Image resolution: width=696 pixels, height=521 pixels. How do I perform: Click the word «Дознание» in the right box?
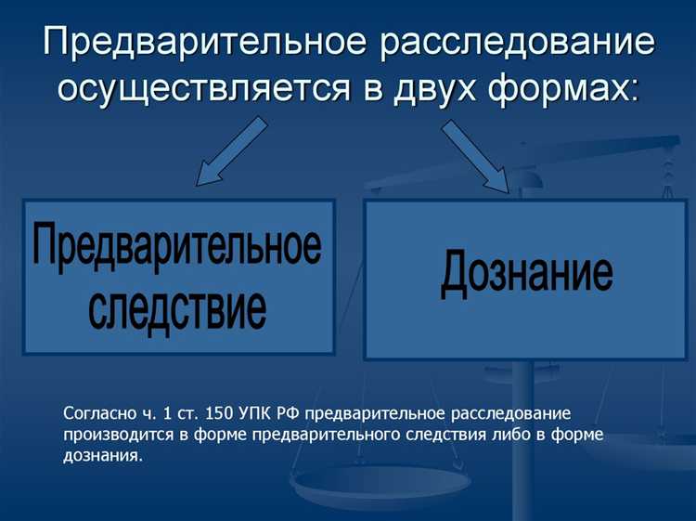526,273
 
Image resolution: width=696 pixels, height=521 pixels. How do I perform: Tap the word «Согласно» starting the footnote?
93,413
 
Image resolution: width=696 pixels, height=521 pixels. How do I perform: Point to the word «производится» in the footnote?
111,435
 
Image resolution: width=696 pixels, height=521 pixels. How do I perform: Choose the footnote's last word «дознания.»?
104,456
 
